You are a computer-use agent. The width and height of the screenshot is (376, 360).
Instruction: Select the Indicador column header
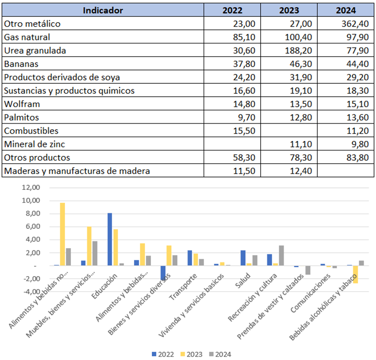point(103,10)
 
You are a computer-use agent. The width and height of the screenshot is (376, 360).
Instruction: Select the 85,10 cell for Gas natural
point(244,37)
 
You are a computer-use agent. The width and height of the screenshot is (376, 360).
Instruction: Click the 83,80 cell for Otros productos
point(358,158)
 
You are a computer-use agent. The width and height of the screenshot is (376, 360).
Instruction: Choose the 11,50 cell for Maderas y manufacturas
point(244,171)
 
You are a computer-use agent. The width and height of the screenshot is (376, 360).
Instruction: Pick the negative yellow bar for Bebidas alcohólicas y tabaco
point(355,274)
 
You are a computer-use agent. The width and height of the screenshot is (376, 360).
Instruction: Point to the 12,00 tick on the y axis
point(31,188)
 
